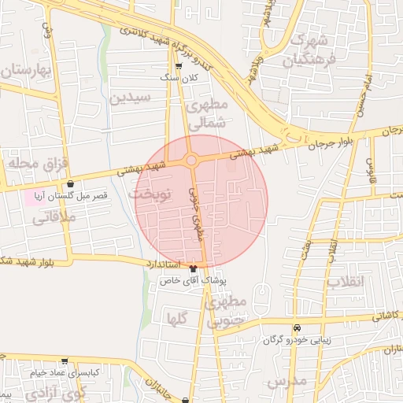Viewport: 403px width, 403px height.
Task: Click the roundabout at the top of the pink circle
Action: [x=190, y=161]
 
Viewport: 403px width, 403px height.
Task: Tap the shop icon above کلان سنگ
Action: [x=178, y=66]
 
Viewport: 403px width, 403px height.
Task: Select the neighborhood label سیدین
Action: [x=129, y=98]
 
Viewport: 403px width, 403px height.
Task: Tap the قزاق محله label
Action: [x=28, y=164]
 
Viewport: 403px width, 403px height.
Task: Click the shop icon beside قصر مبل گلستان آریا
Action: [x=71, y=183]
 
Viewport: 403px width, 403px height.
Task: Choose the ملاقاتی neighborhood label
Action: [x=53, y=218]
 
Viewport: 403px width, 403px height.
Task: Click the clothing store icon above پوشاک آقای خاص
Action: [x=194, y=269]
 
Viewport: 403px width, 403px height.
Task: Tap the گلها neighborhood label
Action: [x=176, y=318]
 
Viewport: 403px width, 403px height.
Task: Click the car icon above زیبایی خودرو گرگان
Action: [x=297, y=327]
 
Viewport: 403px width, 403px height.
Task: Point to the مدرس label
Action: [x=286, y=383]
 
